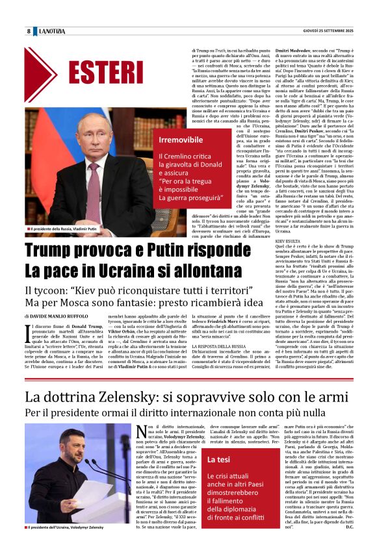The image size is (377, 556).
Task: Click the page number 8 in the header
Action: point(29,31)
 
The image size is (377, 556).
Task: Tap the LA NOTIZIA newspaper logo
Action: point(52,31)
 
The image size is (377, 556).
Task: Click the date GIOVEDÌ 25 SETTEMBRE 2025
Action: point(328,31)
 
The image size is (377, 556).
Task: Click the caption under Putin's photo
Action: point(64,229)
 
